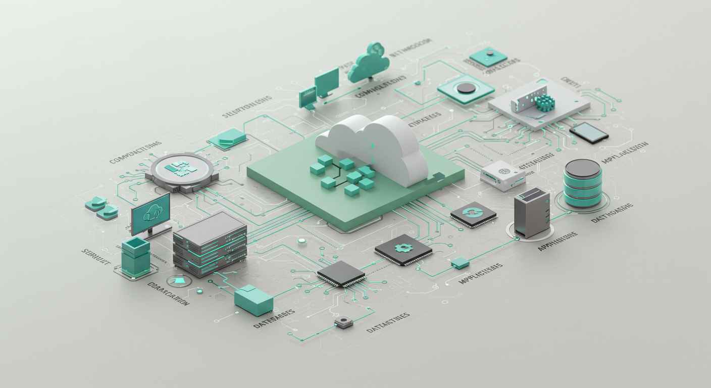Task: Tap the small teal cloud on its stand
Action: click(x=370, y=63)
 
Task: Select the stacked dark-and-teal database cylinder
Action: click(x=582, y=183)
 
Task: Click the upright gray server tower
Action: click(x=531, y=212)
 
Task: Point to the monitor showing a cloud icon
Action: click(x=150, y=214)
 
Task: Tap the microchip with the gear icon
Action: click(x=403, y=249)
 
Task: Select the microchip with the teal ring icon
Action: click(x=473, y=214)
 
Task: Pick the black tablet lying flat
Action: click(x=589, y=133)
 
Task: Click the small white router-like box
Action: click(x=502, y=175)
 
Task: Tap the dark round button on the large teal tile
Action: click(x=466, y=88)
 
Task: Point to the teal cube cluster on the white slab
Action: click(x=545, y=103)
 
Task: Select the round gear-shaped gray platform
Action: click(x=181, y=171)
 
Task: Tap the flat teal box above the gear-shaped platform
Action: click(x=228, y=138)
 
